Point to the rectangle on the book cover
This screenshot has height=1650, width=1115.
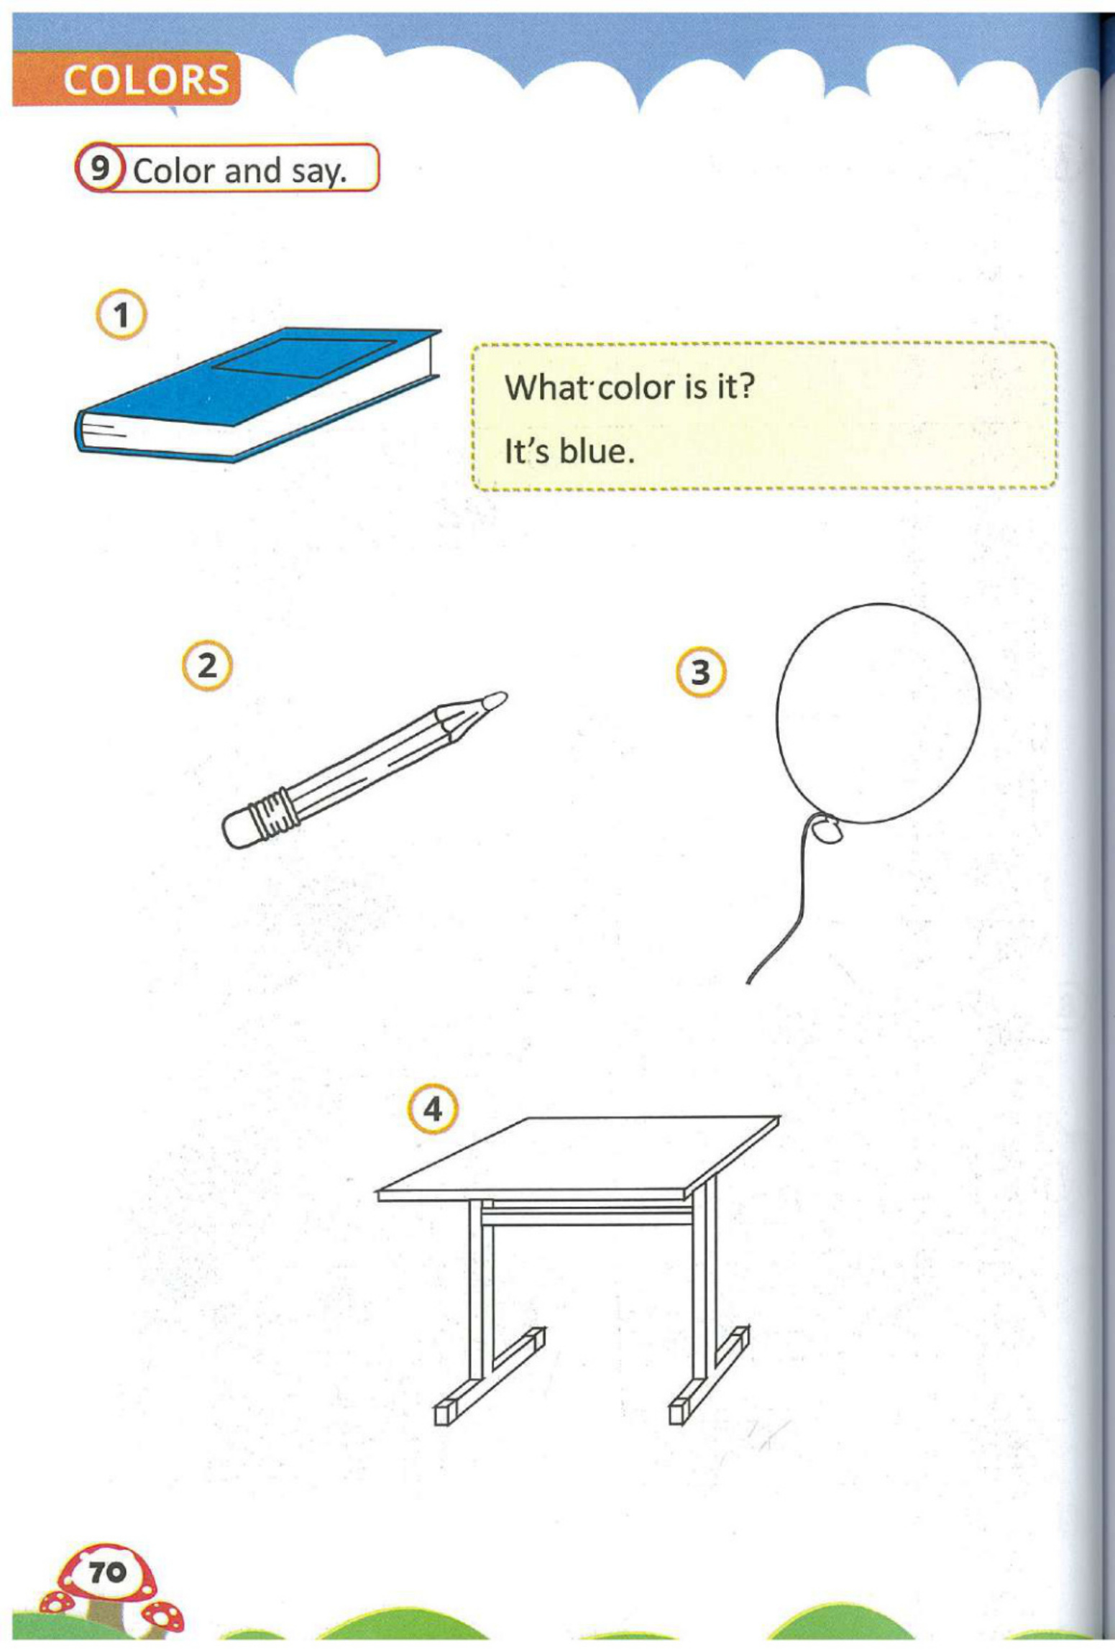tap(306, 357)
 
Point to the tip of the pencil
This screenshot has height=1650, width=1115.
tap(496, 700)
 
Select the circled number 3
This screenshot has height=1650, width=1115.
tap(701, 673)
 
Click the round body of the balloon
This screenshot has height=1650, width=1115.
tap(877, 712)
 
